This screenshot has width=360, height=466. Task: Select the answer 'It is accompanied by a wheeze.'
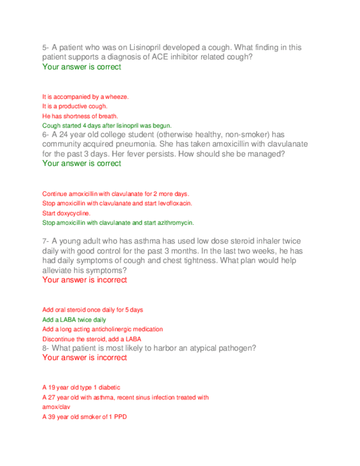[85, 97]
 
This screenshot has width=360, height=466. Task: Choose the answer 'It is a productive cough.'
[75, 106]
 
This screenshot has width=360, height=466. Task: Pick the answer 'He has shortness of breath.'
[80, 116]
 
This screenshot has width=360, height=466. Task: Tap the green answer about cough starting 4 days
[107, 125]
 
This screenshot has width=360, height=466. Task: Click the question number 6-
[46, 135]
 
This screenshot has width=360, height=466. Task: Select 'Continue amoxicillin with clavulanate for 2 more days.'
[116, 194]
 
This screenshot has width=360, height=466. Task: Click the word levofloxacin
[174, 203]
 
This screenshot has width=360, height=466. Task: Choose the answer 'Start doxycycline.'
[67, 213]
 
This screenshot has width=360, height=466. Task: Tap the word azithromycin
[176, 223]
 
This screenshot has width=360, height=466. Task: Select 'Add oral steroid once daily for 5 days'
[92, 310]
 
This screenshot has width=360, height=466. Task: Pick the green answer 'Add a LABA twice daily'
[74, 320]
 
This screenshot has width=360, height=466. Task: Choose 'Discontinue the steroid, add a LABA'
[91, 339]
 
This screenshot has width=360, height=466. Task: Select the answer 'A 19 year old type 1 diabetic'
[81, 387]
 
